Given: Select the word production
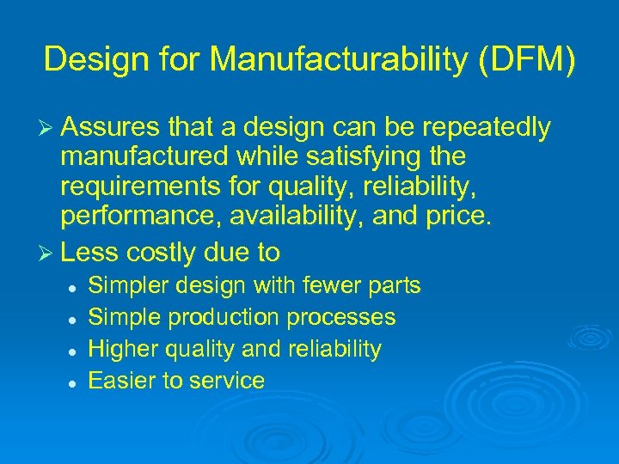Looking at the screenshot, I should coord(223,318).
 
